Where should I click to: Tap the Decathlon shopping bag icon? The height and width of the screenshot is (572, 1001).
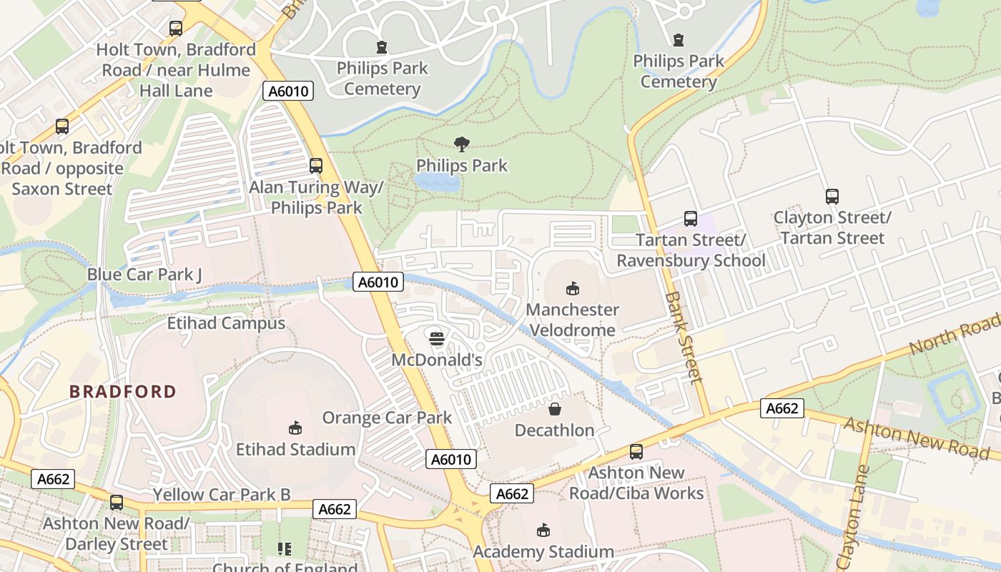coord(555,409)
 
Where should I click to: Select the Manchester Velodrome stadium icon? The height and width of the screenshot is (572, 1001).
coord(571,288)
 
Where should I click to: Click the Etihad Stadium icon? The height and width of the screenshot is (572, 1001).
coord(295,428)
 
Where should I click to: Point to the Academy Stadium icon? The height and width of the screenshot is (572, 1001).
coord(543,530)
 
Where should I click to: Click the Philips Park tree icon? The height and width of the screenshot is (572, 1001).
coord(462,144)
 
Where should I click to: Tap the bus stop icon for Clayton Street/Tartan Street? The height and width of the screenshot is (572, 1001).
coord(832,196)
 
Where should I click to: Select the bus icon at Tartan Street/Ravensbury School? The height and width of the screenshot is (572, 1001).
coord(690,219)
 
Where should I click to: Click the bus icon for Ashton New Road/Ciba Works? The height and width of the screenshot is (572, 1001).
coord(636,451)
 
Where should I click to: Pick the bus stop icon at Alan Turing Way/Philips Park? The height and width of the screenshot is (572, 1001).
coord(316,166)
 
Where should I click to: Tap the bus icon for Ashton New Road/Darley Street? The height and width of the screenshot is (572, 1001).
coord(117,502)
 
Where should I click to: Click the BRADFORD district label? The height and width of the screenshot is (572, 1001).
coord(122,391)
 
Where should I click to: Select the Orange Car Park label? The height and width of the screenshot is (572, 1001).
coord(387,418)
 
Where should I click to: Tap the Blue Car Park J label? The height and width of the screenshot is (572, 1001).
coord(144,275)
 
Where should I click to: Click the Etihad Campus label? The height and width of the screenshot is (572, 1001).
coord(226,323)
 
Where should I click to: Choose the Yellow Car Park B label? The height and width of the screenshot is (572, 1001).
coord(222,494)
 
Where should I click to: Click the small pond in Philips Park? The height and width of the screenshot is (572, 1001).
coord(437,182)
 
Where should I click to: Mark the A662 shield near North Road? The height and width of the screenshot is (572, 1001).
coord(781,408)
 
